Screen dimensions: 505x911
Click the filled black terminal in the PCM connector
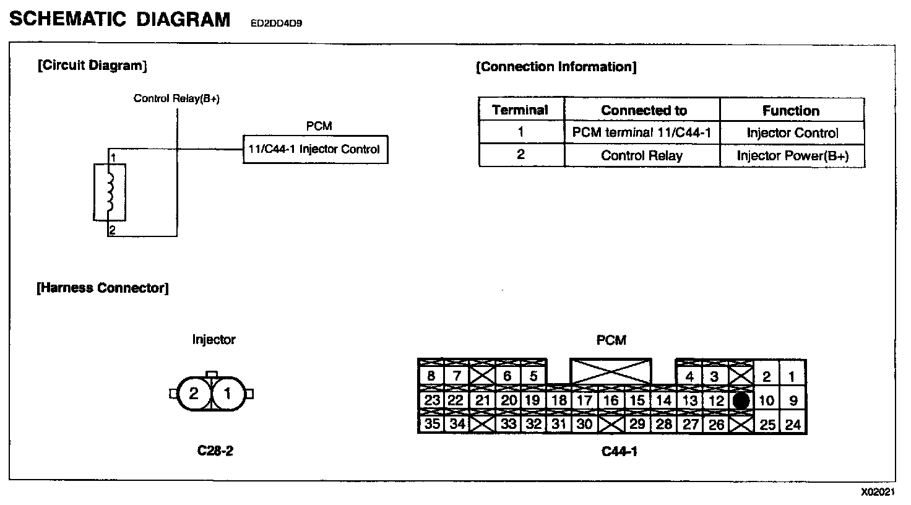pyautogui.click(x=741, y=400)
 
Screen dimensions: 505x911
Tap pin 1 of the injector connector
pyautogui.click(x=228, y=394)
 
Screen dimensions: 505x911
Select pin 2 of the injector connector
pyautogui.click(x=194, y=394)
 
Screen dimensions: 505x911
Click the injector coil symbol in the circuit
pyautogui.click(x=110, y=192)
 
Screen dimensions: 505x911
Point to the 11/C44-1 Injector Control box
pyautogui.click(x=315, y=149)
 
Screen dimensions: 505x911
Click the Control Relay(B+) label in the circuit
pyautogui.click(x=176, y=98)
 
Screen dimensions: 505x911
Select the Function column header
pyautogui.click(x=790, y=111)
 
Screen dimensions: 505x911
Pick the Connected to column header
pyautogui.click(x=643, y=111)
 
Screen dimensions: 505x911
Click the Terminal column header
pyautogui.click(x=520, y=111)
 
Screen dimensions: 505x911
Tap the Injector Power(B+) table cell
pyautogui.click(x=792, y=155)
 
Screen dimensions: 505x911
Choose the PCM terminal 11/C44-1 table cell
pyautogui.click(x=642, y=132)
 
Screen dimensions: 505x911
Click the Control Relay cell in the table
pyautogui.click(x=641, y=155)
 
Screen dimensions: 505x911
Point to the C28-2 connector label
pyautogui.click(x=215, y=451)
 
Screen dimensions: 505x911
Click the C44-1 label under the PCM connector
pyautogui.click(x=619, y=451)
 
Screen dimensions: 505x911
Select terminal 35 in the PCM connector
pyautogui.click(x=431, y=424)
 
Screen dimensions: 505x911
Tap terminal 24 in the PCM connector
pyautogui.click(x=793, y=425)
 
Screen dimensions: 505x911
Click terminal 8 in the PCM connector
pyautogui.click(x=431, y=376)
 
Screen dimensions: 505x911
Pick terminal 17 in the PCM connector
pyautogui.click(x=584, y=400)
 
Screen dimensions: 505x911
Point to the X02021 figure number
pyautogui.click(x=878, y=492)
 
